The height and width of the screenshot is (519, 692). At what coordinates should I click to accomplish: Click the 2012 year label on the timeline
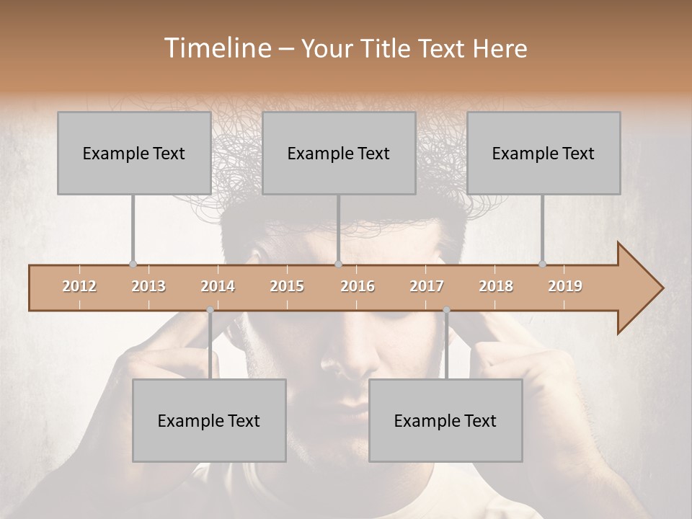79,286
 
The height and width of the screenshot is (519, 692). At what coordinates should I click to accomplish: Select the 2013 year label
148,286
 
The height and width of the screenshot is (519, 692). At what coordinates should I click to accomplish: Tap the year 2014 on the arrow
218,286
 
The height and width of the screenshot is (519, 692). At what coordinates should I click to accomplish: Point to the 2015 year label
287,286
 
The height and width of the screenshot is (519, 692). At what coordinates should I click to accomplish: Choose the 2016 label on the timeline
358,286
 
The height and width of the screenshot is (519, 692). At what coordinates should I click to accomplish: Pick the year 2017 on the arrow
427,286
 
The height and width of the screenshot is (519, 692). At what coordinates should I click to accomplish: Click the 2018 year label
496,286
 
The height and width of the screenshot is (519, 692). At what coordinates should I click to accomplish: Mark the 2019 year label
565,286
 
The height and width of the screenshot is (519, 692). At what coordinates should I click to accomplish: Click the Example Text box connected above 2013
134,153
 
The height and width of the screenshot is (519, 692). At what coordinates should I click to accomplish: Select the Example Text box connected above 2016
339,153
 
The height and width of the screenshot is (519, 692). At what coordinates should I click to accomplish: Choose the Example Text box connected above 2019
544,153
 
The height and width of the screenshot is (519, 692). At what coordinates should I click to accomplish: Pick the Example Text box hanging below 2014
209,420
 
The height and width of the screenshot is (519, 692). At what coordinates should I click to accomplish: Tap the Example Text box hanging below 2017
445,420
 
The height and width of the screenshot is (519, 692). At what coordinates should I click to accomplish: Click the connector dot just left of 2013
133,265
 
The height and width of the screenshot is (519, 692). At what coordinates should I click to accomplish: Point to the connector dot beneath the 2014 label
210,310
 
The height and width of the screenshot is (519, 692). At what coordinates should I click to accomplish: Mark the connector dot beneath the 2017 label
446,310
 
